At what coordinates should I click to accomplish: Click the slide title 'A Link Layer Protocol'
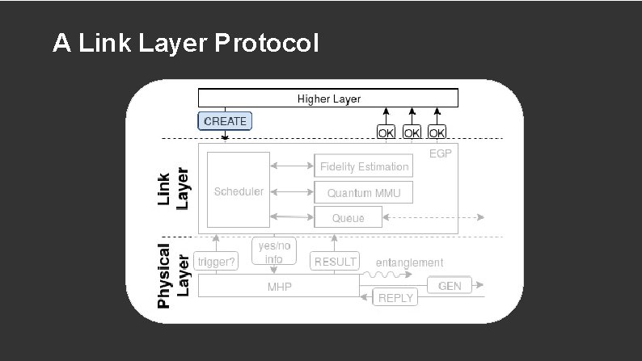tap(185, 43)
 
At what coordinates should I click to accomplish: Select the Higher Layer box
tap(328, 99)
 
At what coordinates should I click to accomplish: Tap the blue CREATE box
tap(226, 121)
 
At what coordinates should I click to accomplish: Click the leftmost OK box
tap(386, 132)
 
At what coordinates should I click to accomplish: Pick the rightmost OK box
tap(437, 132)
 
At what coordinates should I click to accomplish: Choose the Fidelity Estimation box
tap(364, 166)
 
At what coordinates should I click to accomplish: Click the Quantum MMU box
tap(363, 192)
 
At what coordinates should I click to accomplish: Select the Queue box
tap(347, 217)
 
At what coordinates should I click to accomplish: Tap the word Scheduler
tap(239, 191)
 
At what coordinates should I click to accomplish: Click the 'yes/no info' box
tap(273, 252)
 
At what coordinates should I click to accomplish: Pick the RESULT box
tap(335, 262)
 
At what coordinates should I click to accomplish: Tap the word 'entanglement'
tap(409, 262)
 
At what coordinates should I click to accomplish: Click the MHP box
tap(279, 287)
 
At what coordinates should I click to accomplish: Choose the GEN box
tap(449, 286)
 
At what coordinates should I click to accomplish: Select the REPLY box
tap(395, 298)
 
